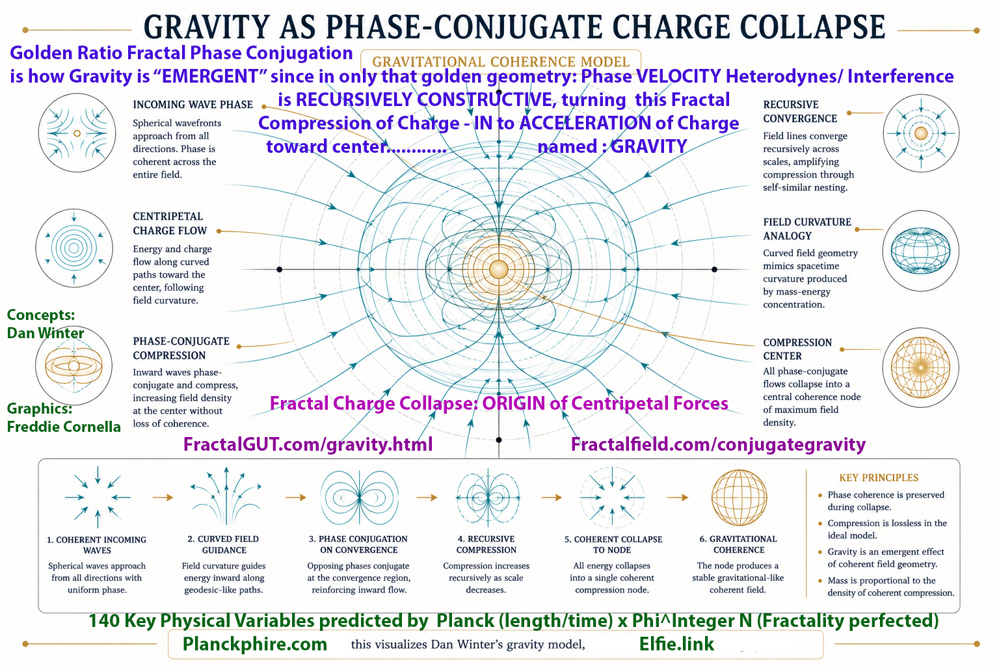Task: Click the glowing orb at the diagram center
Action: pyautogui.click(x=499, y=269)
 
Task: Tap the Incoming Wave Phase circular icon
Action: pyautogui.click(x=77, y=133)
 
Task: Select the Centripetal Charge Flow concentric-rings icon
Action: pyautogui.click(x=74, y=248)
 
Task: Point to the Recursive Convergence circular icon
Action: pyautogui.click(x=921, y=133)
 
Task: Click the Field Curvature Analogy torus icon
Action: pyautogui.click(x=920, y=250)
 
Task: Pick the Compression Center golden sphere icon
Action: pyautogui.click(x=920, y=367)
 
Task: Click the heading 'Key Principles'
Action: pyautogui.click(x=879, y=478)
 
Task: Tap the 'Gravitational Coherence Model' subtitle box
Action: pyautogui.click(x=500, y=62)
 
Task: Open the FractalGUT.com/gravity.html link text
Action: pyautogui.click(x=308, y=444)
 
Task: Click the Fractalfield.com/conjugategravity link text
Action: pyautogui.click(x=718, y=444)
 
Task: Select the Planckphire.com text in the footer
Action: pyautogui.click(x=255, y=644)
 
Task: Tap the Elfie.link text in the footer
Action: pyautogui.click(x=676, y=644)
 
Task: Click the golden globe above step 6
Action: pyautogui.click(x=739, y=498)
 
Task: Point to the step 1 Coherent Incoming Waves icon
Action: pyautogui.click(x=98, y=498)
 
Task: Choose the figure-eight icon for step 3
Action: pyautogui.click(x=360, y=498)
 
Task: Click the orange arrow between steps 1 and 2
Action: pyautogui.click(x=163, y=498)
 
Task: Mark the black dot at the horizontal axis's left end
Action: pyautogui.click(x=279, y=269)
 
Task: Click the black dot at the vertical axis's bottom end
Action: pyautogui.click(x=499, y=440)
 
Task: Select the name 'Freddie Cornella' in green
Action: pyautogui.click(x=64, y=427)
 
